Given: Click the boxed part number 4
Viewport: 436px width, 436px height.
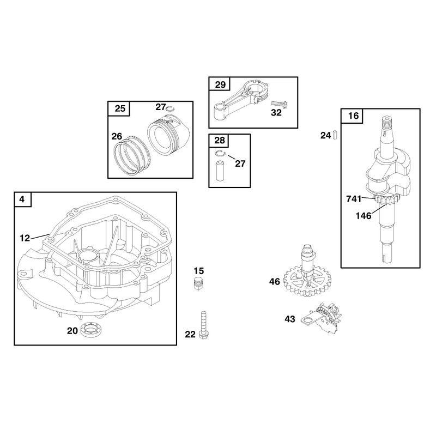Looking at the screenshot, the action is (x=22, y=199).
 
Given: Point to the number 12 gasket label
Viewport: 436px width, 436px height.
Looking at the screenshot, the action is (x=25, y=238).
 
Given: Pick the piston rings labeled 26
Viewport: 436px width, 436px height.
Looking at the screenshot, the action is (x=131, y=156).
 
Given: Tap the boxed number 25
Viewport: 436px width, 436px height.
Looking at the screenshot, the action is (x=120, y=108).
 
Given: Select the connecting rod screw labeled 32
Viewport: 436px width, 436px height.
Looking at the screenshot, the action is (x=280, y=105).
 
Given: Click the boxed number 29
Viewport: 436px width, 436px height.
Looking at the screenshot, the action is (x=220, y=84).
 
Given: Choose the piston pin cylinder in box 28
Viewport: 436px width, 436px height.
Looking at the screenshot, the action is (x=220, y=171).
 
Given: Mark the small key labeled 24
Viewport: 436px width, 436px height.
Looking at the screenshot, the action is (x=335, y=135).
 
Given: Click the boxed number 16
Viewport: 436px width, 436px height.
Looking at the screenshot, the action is (x=353, y=116).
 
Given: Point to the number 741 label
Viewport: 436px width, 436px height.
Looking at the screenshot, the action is (x=354, y=199).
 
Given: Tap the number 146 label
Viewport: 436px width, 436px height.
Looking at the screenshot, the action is (x=364, y=216).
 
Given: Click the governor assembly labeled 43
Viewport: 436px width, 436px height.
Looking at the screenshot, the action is (x=323, y=318).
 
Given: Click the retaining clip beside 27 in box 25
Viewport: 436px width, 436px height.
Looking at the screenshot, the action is (x=170, y=108).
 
